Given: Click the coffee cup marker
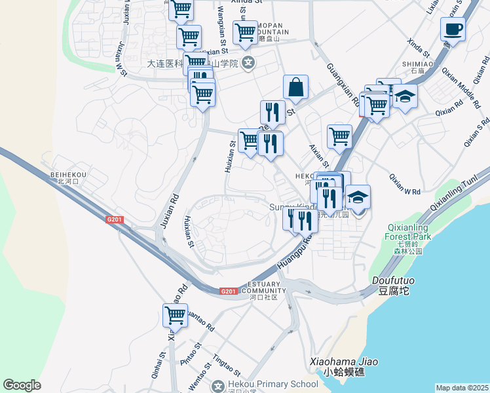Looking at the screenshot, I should [452, 29].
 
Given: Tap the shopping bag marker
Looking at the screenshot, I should [296, 87].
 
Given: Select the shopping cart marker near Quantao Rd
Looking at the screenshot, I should [175, 316].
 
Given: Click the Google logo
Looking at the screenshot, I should [22, 385].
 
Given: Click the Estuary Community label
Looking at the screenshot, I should [263, 288].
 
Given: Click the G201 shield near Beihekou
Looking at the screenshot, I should [115, 220].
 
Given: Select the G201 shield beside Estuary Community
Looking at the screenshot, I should [228, 291].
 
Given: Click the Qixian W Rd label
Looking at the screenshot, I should [404, 183].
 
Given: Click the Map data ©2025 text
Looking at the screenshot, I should [462, 388].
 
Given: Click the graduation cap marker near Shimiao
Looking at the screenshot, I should [405, 97].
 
